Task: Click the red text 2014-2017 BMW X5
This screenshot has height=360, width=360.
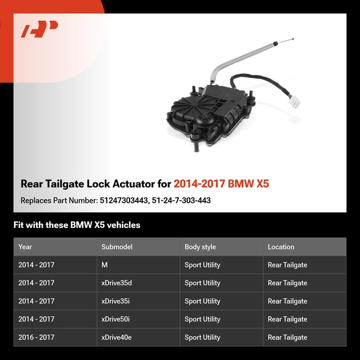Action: point(221,184)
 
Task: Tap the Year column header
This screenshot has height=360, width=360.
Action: point(25,247)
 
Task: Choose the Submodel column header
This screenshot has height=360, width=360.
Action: point(116,247)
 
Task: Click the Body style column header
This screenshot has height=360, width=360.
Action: point(200,247)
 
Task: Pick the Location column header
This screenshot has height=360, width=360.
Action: point(281,247)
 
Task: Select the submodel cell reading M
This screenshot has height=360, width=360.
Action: point(105,265)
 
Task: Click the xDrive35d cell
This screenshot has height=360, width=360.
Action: point(118,283)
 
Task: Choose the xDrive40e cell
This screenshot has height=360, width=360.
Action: point(117,337)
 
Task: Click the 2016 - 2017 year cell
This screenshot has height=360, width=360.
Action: point(36,337)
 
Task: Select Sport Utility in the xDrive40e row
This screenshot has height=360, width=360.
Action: point(202,337)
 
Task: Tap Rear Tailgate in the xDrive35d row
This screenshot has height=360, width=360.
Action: point(287,283)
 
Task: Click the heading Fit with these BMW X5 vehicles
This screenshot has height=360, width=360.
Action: point(77,225)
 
